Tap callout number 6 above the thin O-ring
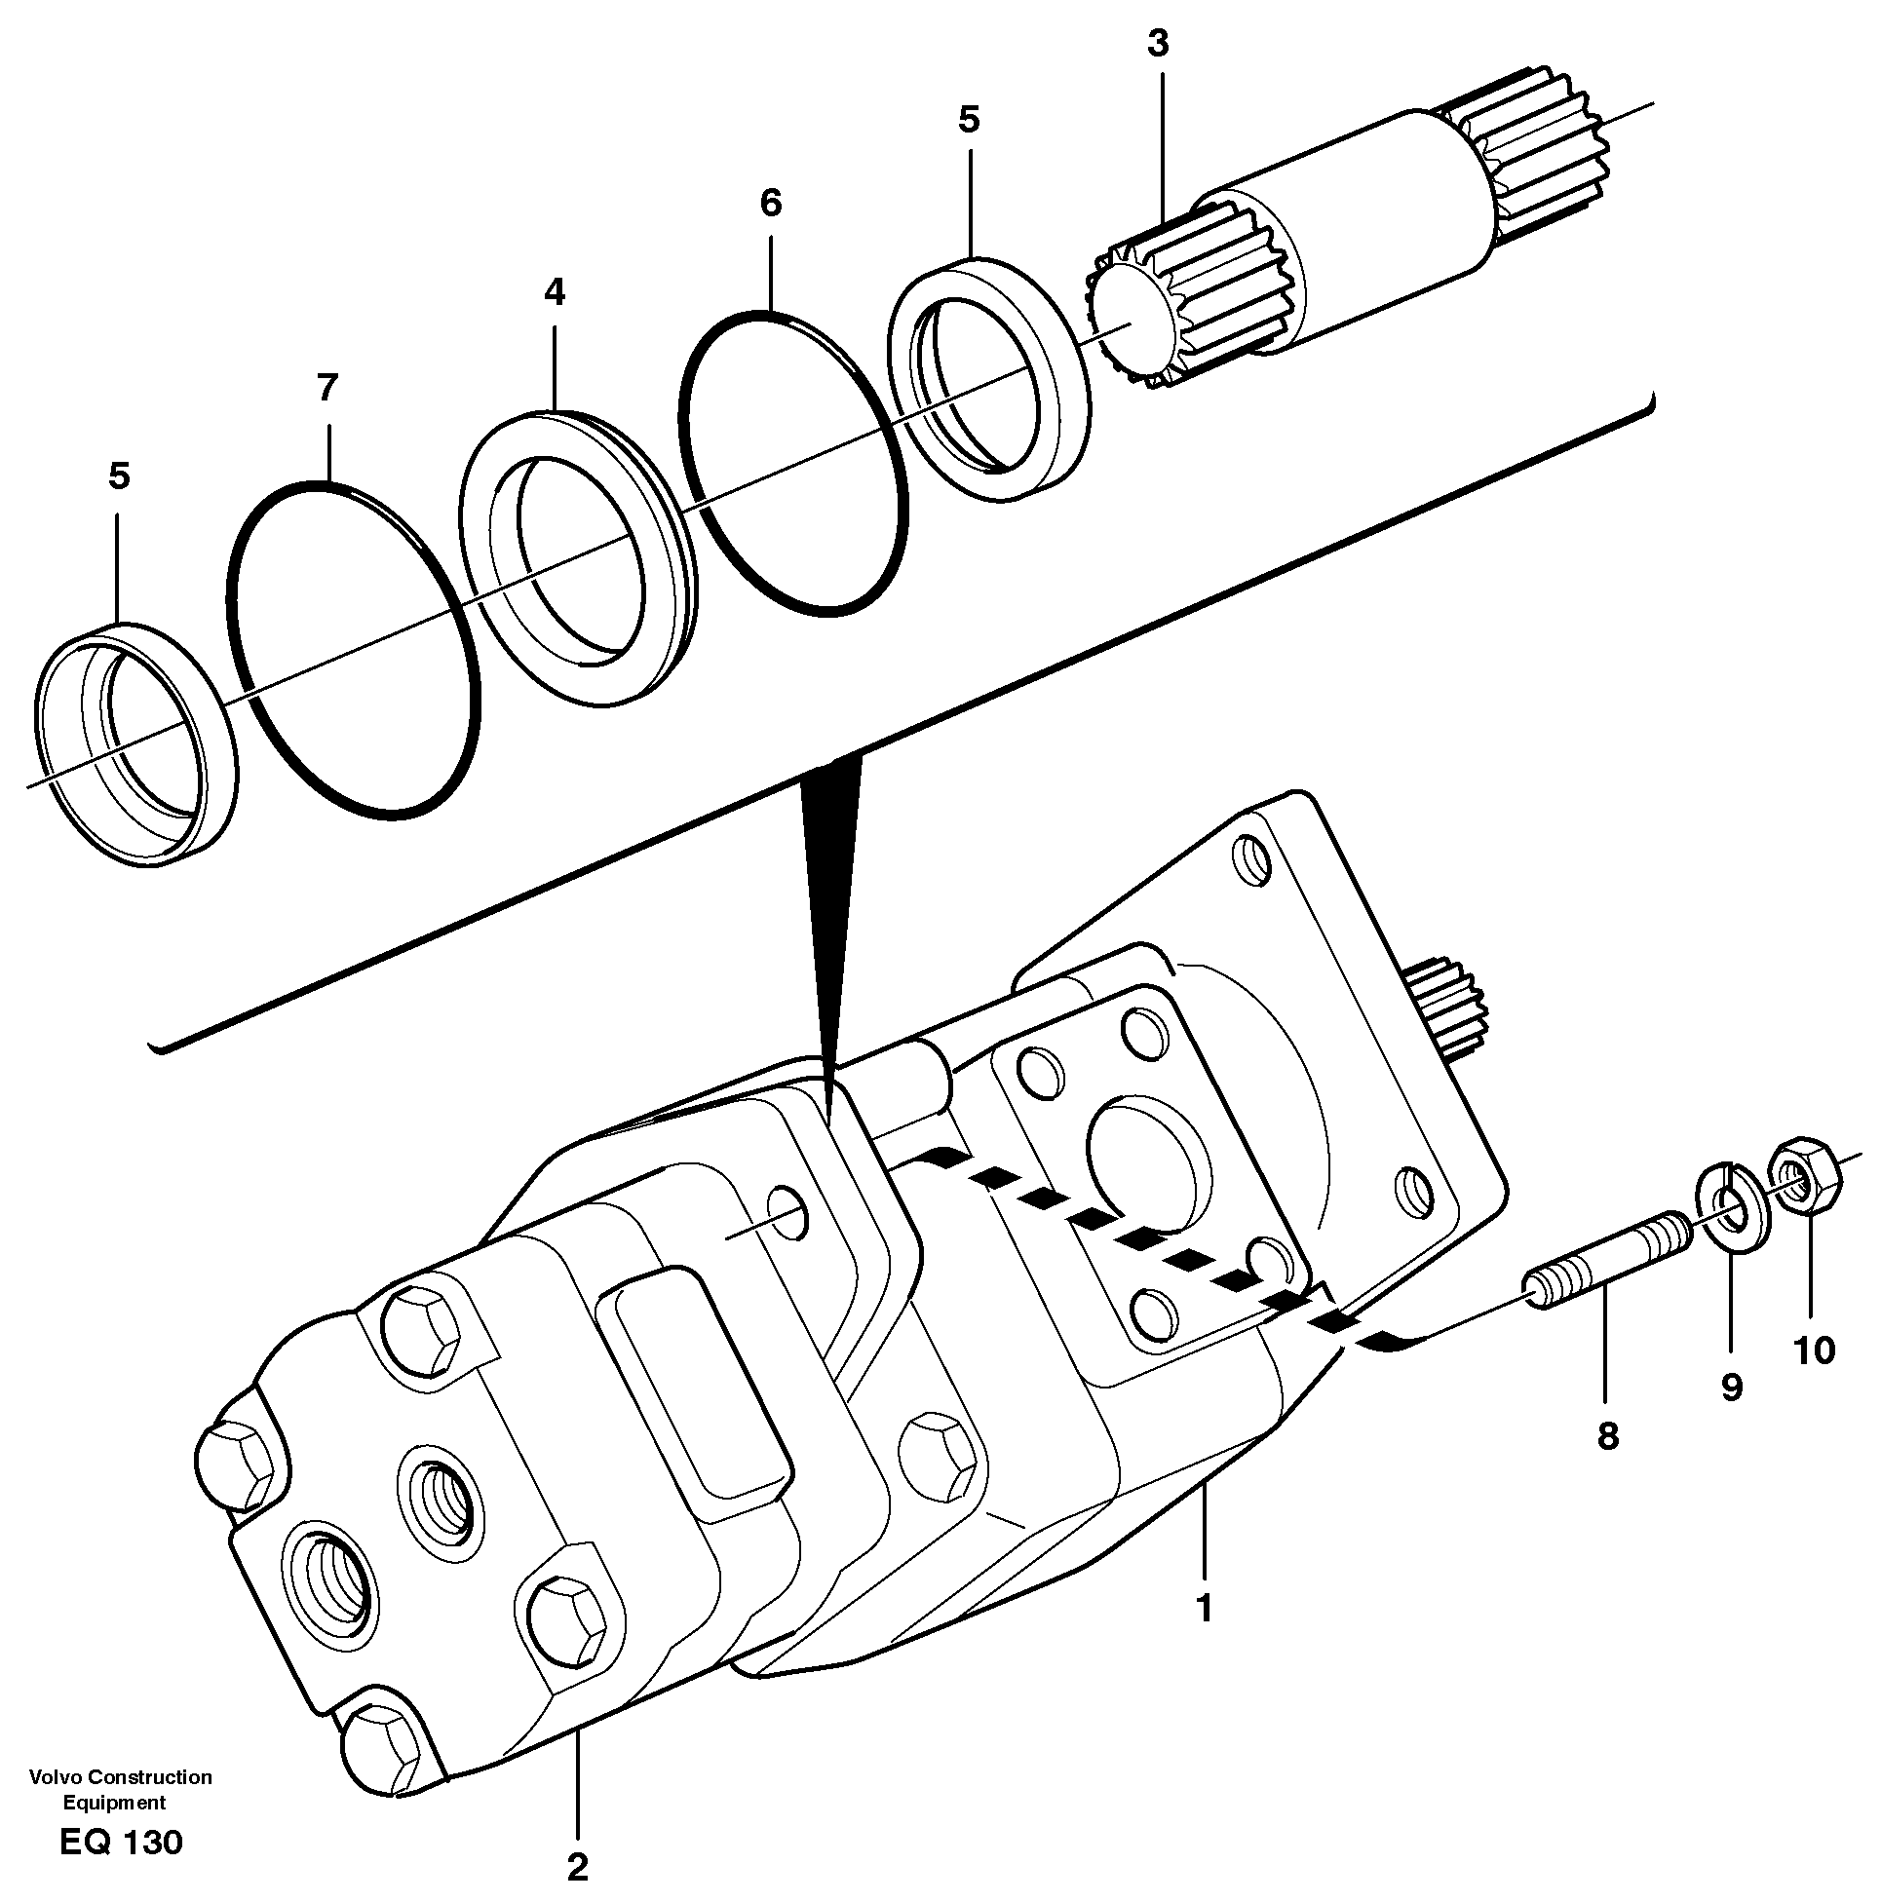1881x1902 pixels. [x=770, y=203]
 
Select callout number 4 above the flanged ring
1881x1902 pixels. [x=555, y=291]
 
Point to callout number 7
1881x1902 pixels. [x=326, y=387]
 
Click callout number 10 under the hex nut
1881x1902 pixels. [x=1814, y=1350]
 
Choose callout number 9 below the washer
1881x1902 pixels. [x=1730, y=1388]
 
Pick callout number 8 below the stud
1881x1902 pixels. [x=1607, y=1436]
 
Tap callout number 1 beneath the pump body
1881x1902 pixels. [x=1203, y=1608]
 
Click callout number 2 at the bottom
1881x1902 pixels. [x=577, y=1866]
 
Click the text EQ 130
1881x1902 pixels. [x=120, y=1843]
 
